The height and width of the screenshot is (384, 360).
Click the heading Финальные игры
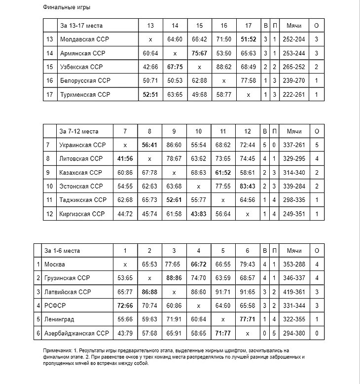[x=67, y=7]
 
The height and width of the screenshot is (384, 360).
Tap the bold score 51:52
[x=248, y=39]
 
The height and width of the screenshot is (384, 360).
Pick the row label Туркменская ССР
[x=85, y=94]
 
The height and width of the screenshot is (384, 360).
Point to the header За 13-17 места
[x=81, y=25]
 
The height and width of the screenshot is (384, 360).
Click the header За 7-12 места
[x=79, y=131]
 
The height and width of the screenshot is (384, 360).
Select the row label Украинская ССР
[x=82, y=145]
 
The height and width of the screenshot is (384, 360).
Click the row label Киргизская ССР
[x=82, y=214]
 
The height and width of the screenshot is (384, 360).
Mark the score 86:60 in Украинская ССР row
[x=174, y=145]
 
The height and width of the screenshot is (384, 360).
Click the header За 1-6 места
[x=62, y=251]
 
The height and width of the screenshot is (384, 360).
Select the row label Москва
[x=55, y=265]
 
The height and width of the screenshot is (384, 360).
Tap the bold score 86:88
[x=149, y=292]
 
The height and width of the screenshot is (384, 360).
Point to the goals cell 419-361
[x=294, y=292]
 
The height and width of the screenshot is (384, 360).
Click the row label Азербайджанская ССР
[x=76, y=334]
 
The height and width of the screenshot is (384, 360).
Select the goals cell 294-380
[x=294, y=334]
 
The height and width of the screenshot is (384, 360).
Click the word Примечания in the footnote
[x=58, y=350]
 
